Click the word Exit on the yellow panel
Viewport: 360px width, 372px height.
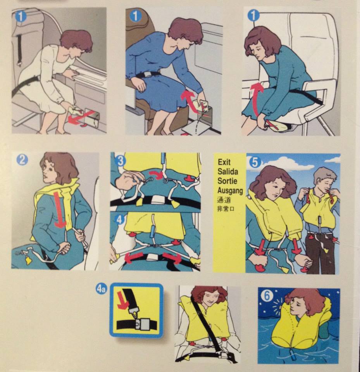click(224, 162)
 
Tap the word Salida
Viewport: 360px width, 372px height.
click(228, 171)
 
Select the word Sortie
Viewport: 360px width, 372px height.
click(227, 181)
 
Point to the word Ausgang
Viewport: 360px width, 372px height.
click(230, 191)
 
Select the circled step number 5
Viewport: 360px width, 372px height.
click(255, 162)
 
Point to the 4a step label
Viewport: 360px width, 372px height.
click(102, 289)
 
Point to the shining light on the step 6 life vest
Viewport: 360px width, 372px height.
click(281, 307)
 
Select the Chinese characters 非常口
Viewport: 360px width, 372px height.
click(226, 209)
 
